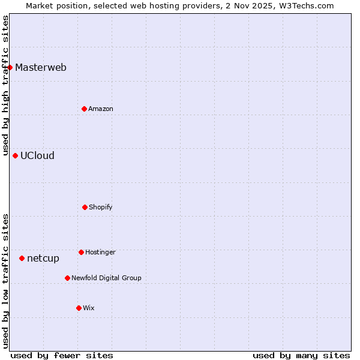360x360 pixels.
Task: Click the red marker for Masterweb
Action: pos(10,67)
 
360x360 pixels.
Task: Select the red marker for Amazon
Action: pos(84,109)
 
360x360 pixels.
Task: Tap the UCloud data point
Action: pos(15,155)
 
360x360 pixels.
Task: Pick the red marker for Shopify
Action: pos(85,207)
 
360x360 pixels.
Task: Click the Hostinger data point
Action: pos(81,252)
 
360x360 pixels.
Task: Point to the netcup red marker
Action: pos(22,258)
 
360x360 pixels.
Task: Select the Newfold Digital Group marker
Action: pos(67,278)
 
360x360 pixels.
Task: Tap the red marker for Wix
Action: pos(79,308)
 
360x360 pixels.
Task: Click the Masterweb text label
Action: pos(41,67)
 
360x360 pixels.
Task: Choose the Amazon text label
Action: pos(101,109)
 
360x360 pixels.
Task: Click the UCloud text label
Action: pos(37,155)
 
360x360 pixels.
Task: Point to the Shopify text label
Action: pos(101,207)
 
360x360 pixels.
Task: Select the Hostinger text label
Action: pos(100,252)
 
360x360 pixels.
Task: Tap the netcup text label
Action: pos(43,259)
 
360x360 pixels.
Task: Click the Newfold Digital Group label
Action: pos(106,278)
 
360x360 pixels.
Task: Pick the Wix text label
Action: pos(89,308)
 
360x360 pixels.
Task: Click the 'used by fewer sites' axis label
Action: pos(62,355)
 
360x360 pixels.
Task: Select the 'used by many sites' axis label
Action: pos(301,355)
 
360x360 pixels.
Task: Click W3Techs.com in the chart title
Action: pos(304,5)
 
